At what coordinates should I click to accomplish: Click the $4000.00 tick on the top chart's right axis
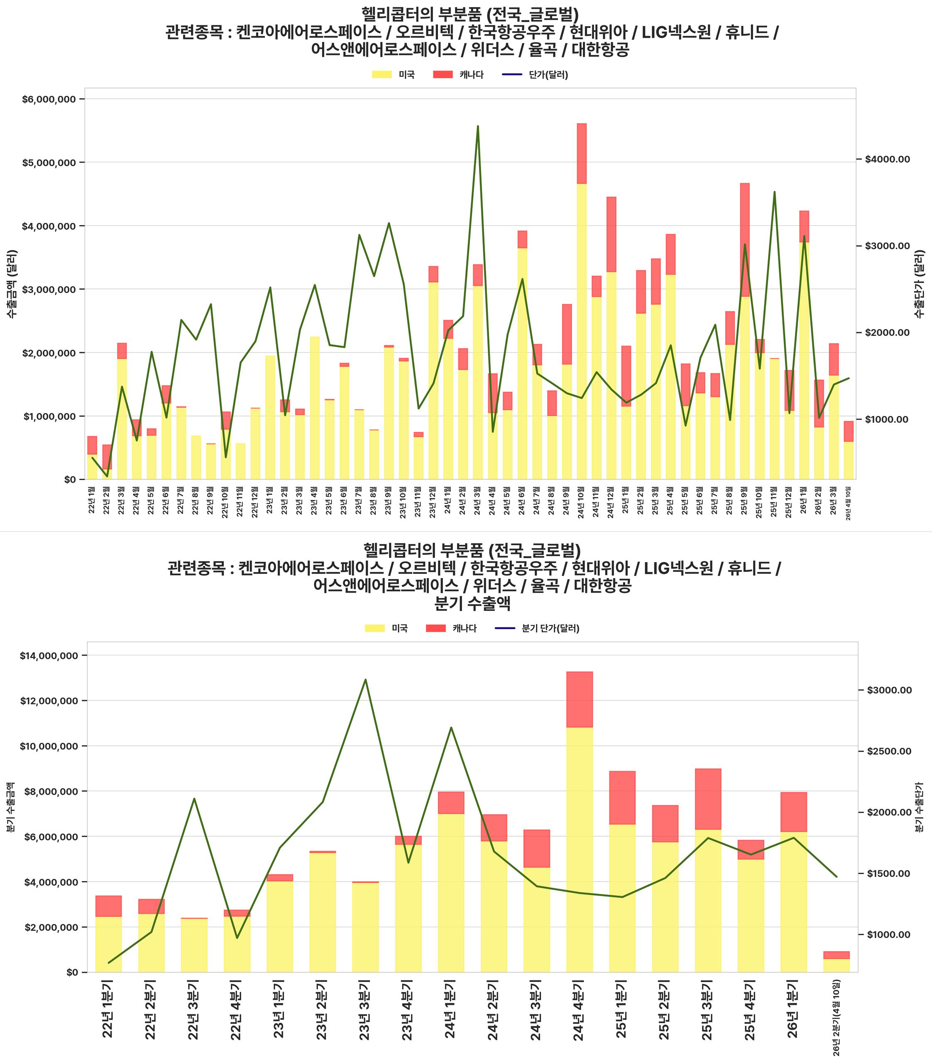click(887, 159)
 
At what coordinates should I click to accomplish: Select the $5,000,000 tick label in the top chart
click(49, 163)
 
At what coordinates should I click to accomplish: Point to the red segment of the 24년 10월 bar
click(582, 153)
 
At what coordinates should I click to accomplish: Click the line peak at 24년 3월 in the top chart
click(477, 126)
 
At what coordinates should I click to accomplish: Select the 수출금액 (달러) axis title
click(12, 284)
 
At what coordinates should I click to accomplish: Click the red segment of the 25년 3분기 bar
click(708, 799)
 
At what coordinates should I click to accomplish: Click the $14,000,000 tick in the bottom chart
click(49, 656)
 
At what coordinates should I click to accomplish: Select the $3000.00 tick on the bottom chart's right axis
click(889, 690)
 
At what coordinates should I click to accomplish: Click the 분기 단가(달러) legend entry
click(550, 628)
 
